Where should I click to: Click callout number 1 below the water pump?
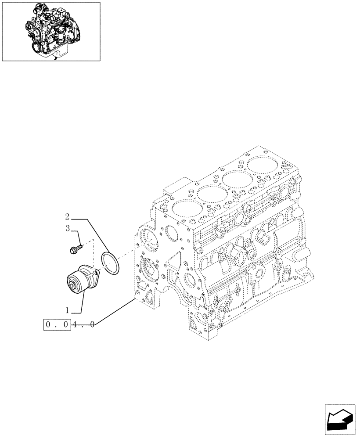click(x=67, y=310)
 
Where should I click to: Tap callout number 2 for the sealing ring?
click(x=67, y=216)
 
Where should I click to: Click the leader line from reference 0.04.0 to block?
click(x=114, y=312)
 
